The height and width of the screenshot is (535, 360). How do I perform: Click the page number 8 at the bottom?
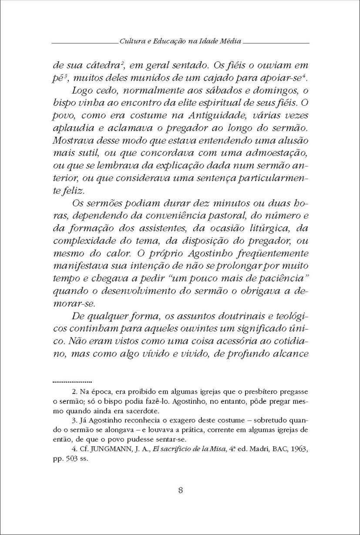coord(180,489)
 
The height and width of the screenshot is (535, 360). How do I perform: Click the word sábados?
coord(205,92)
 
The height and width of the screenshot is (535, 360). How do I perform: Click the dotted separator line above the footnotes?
coord(72,380)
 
